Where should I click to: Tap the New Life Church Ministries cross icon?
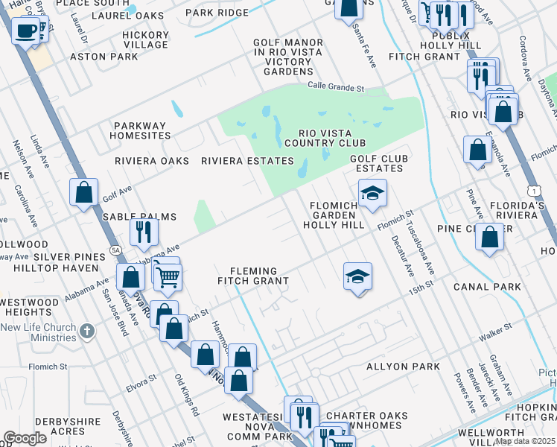tap(87, 330)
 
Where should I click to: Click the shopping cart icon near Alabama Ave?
tap(168, 278)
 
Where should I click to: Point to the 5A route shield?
tap(115, 250)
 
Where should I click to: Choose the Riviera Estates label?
tap(247, 161)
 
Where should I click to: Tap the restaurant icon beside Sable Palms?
tap(144, 232)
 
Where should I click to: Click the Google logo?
tap(25, 438)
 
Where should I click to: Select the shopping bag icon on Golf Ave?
tap(84, 191)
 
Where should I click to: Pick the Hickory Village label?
tap(146, 40)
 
